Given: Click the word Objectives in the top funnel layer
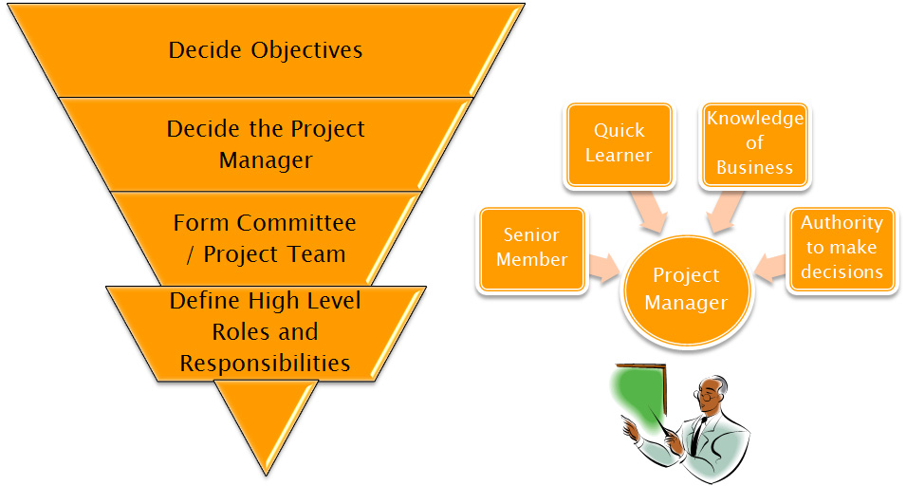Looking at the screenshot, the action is click(306, 51).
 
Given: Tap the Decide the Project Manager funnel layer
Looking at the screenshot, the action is click(266, 144).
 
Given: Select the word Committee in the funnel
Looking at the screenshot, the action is click(296, 222).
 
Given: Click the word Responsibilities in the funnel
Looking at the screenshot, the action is click(266, 364).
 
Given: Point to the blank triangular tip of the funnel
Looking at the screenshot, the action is click(267, 421).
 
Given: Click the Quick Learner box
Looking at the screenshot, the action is click(619, 144).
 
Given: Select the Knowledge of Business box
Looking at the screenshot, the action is click(754, 144).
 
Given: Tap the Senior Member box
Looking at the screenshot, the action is click(531, 249).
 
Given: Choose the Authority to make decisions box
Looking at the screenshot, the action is click(841, 249).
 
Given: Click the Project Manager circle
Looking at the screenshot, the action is click(686, 290).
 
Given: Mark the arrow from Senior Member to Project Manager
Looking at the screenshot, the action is click(603, 268).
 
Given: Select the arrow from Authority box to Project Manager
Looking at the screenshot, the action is click(770, 268).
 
